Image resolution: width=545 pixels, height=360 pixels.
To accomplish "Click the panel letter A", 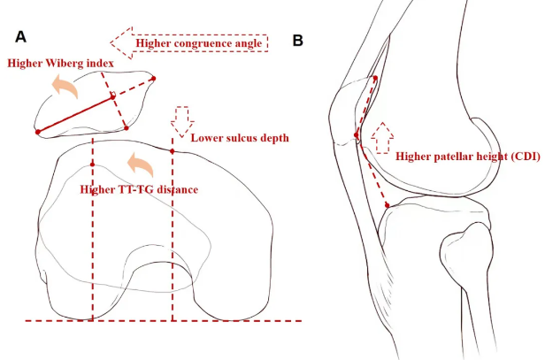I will coord(20,36).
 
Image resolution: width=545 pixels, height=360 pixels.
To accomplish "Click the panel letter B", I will coord(297,41).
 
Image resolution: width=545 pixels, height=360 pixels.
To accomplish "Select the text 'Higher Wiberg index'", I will coord(59,64).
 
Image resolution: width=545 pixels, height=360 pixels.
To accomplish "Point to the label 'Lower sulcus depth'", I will coord(240,139).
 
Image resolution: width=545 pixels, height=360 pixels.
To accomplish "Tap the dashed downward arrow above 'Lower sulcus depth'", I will coord(183,119).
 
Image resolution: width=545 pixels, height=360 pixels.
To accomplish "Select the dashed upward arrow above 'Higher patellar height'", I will coord(381,137).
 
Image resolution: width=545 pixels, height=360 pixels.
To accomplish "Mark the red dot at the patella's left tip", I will coord(37,132).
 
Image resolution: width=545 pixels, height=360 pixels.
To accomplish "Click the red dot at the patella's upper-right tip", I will coord(155,79).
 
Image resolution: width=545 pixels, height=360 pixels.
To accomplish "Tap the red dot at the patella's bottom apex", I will coord(127,128).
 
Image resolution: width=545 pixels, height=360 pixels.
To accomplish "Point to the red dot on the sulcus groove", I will coord(173,151).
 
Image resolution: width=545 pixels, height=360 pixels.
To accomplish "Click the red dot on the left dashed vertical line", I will coord(92,165).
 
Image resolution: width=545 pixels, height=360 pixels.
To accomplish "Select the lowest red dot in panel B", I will coord(388,207).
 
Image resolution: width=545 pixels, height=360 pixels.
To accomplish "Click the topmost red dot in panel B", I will coord(376,78).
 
